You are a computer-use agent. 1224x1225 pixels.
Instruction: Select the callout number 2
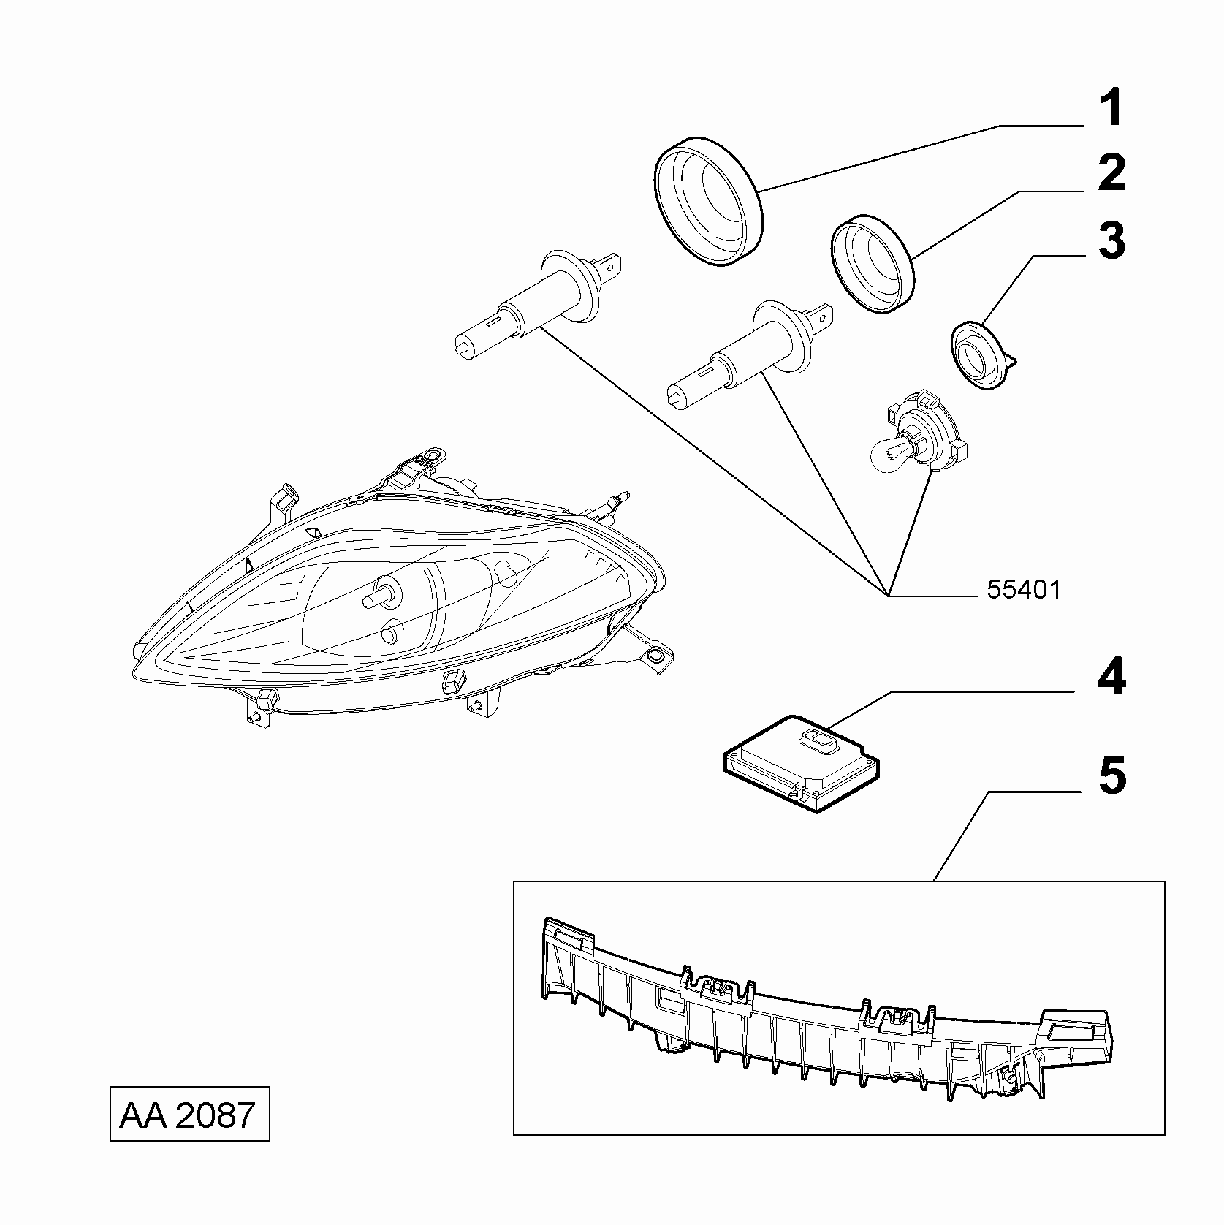pyautogui.click(x=1111, y=174)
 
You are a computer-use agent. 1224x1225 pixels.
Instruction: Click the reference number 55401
pyautogui.click(x=1023, y=590)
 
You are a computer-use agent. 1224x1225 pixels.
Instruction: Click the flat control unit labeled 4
pyautogui.click(x=802, y=762)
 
